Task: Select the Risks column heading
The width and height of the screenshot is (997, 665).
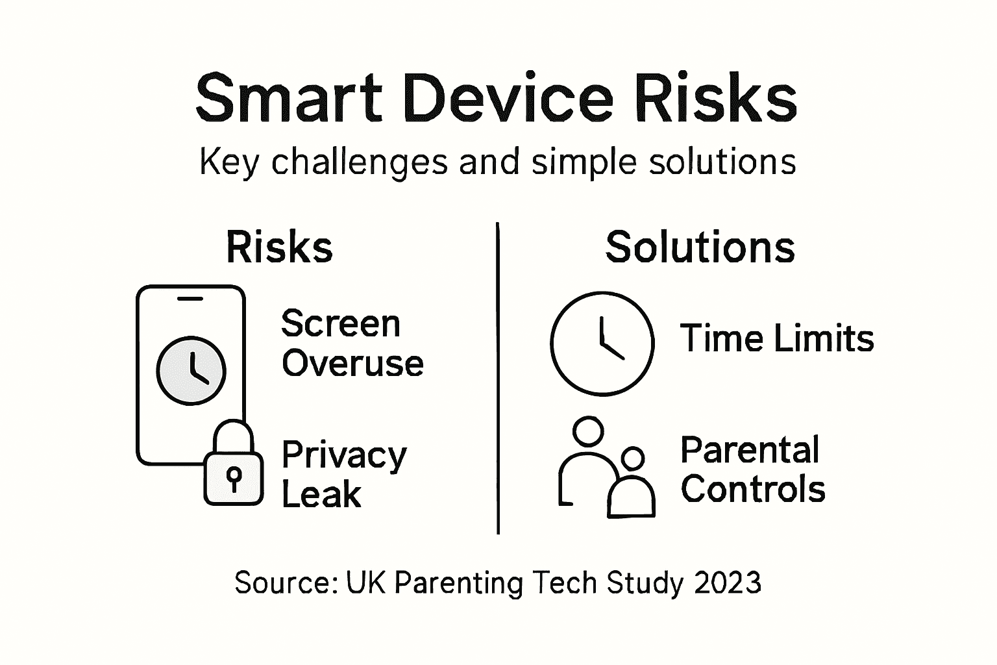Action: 279,247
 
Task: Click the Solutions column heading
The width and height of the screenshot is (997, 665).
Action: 700,247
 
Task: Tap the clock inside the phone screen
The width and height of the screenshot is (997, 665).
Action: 191,370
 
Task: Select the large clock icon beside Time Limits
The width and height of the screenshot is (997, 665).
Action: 602,343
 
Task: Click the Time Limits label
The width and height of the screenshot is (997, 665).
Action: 777,339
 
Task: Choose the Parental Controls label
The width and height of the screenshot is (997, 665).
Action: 752,470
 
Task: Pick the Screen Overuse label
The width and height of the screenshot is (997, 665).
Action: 352,343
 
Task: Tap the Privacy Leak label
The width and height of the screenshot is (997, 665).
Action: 343,474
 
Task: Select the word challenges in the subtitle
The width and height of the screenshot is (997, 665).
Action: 359,162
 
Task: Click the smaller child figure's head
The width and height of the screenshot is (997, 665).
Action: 632,458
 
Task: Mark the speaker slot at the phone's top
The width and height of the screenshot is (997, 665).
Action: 190,299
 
